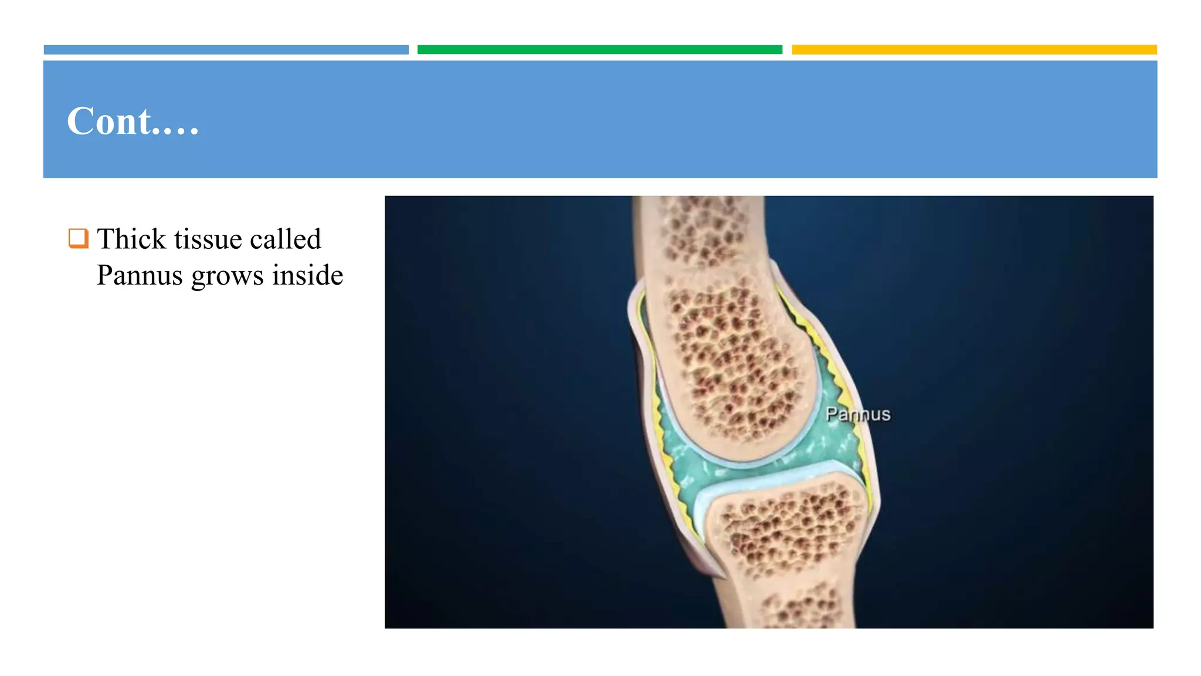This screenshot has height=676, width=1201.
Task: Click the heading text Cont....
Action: (133, 121)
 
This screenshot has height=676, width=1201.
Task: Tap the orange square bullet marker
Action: (78, 238)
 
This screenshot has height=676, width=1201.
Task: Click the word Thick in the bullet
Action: (131, 239)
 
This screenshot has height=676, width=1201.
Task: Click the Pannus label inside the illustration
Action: (857, 414)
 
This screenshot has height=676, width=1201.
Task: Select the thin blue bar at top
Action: (226, 50)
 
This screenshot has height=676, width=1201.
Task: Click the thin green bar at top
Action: (599, 50)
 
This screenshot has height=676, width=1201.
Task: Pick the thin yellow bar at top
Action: (973, 50)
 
